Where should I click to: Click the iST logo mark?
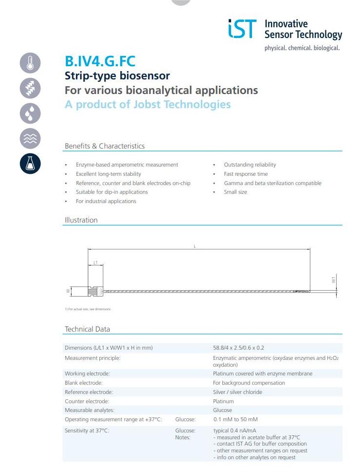(x=241, y=29)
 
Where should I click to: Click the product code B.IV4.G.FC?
(x=100, y=61)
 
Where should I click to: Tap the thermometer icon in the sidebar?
(x=30, y=63)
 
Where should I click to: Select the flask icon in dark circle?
(x=30, y=164)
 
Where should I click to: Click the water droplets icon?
(x=30, y=113)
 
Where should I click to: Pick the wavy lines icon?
(x=30, y=139)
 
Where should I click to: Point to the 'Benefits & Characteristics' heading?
(x=105, y=146)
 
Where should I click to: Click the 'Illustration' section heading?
(x=81, y=220)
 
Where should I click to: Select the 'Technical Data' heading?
(x=88, y=329)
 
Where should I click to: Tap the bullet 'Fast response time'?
(x=246, y=174)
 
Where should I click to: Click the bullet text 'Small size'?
(x=235, y=192)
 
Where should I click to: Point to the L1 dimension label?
(x=95, y=262)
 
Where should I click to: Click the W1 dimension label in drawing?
(x=334, y=280)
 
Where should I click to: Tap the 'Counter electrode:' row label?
(x=87, y=401)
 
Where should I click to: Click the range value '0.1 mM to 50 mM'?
(x=235, y=419)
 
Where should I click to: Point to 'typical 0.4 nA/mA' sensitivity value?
(x=235, y=430)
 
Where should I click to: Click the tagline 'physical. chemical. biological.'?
(x=302, y=48)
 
